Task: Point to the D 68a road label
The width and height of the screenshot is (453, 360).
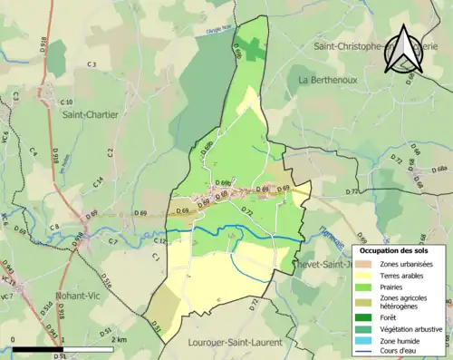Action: click(x=439, y=170)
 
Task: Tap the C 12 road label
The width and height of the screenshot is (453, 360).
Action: click(x=159, y=242)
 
